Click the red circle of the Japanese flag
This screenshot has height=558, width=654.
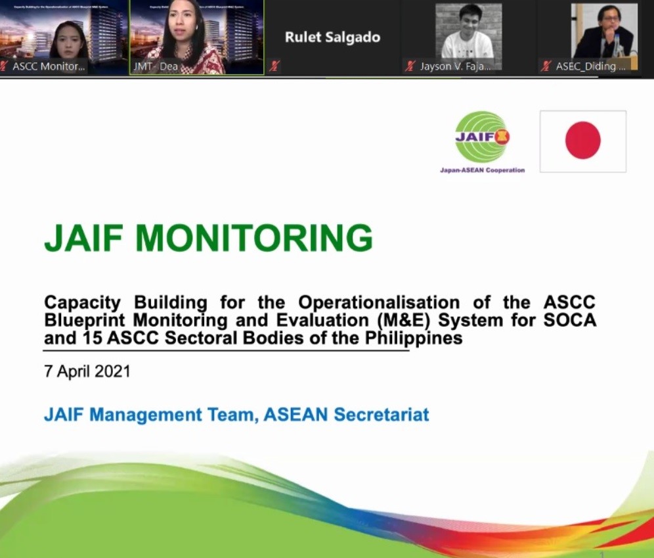[582, 141]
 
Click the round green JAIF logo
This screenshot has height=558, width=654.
[482, 137]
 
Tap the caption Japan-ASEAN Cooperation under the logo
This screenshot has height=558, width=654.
[482, 170]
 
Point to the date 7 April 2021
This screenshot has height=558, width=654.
[87, 371]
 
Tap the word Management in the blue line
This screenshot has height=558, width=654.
[165, 415]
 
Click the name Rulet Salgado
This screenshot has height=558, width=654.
[332, 37]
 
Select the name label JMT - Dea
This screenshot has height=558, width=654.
[156, 66]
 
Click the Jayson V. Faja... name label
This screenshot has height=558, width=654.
[456, 66]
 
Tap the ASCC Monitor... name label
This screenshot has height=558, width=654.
[49, 66]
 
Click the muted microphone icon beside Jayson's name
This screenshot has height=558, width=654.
[410, 66]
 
